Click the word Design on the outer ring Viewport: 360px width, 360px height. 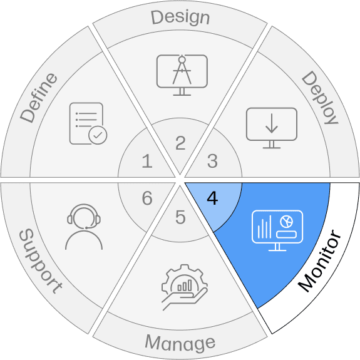click(180, 18)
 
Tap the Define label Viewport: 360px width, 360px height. click(39, 98)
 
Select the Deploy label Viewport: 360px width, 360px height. click(320, 98)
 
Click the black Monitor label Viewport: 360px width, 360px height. click(319, 260)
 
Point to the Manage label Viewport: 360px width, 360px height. click(180, 343)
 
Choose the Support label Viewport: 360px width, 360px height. click(41, 261)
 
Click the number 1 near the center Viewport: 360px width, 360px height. click(147, 161)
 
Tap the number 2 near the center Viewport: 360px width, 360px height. click(180, 143)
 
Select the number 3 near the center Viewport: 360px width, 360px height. click(212, 161)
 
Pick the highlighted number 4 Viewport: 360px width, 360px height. click(212, 198)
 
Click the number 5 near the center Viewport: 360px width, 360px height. click(180, 217)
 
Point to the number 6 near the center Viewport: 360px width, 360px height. click(147, 198)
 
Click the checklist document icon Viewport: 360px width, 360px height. click(88, 123)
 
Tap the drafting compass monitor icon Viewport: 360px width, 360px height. click(182, 75)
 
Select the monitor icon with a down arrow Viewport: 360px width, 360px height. click(272, 128)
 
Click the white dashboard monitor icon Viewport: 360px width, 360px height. click(277, 230)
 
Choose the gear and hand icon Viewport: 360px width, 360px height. click(185, 287)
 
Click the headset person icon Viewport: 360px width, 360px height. click(84, 227)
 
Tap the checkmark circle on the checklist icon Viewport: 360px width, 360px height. click(98, 135)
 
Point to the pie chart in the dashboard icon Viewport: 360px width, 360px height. click(286, 222)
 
